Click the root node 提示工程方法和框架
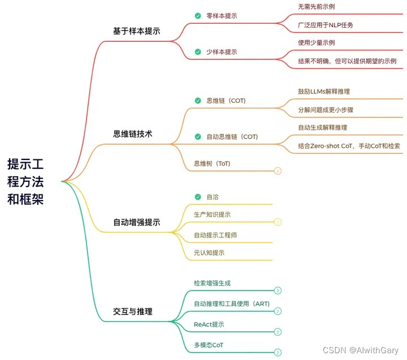pos(33,181)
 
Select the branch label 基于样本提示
pos(136,31)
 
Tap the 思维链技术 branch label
pos(133,134)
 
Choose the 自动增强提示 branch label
pos(137,222)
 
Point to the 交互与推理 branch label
pos(133,311)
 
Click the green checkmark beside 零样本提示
pos(197,16)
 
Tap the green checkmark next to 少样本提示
pos(197,51)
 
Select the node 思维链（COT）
pos(226,101)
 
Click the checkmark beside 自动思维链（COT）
pos(197,136)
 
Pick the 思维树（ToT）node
pos(212,164)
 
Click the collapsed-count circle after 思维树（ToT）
pos(278,171)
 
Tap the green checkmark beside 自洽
pos(197,197)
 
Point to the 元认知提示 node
pos(209,253)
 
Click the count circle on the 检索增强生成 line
pos(278,290)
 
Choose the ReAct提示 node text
pos(209,324)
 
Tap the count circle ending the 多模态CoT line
pos(278,352)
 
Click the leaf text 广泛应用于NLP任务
pos(326,25)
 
